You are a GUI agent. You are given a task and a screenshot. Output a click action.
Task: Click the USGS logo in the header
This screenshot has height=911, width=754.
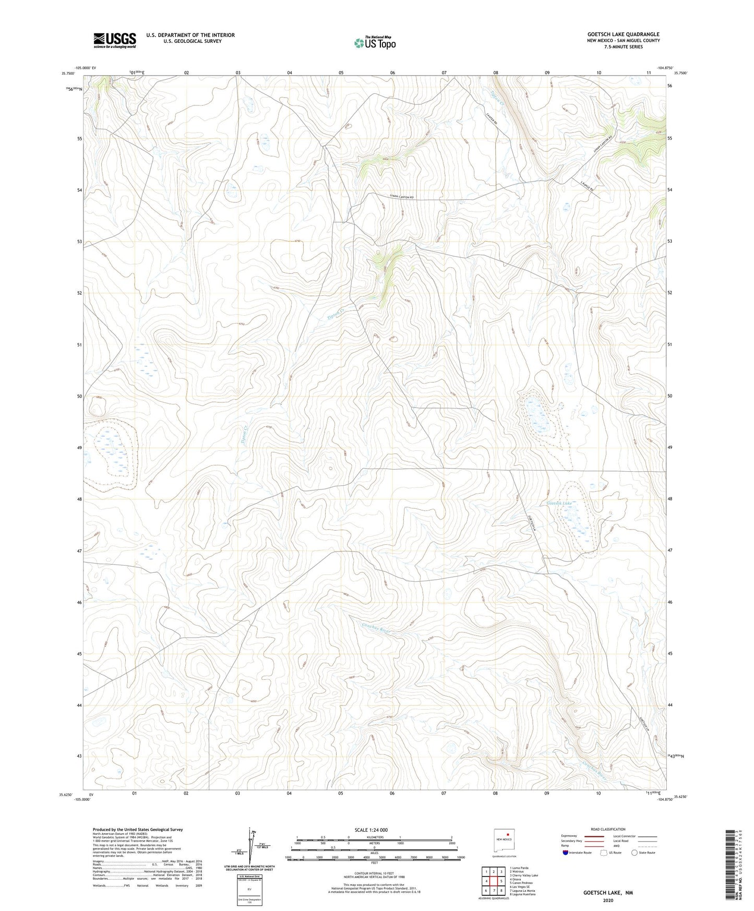(115, 40)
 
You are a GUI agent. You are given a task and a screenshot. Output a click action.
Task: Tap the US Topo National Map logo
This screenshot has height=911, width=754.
(374, 43)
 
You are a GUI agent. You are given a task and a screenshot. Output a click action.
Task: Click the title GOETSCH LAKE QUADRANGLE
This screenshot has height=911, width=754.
(623, 34)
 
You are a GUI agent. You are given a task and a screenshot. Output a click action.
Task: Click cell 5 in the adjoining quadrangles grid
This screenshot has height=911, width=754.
(501, 881)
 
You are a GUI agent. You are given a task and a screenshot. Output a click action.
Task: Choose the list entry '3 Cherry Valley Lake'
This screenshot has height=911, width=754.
(524, 876)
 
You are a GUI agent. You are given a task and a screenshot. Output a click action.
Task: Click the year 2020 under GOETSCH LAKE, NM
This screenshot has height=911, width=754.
(608, 900)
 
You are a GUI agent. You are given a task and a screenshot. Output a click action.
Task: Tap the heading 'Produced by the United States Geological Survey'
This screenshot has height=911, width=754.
(138, 829)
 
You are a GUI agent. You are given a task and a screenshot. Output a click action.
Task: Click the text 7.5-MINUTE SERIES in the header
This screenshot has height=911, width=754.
(623, 47)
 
